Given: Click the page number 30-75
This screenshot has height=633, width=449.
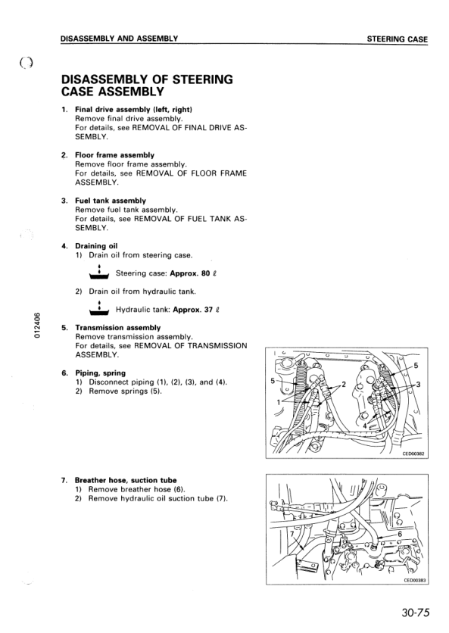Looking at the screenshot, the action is pos(416,613).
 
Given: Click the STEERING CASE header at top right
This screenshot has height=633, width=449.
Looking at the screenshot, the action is pos(398,39).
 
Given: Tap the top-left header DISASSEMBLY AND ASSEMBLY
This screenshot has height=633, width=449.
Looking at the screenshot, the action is pos(119,39).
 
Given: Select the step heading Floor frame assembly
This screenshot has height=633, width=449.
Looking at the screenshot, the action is pos(114,155).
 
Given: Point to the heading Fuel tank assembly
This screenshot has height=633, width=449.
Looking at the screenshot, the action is pos(111,201).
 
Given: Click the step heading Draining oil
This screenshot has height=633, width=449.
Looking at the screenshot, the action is pos(96,246).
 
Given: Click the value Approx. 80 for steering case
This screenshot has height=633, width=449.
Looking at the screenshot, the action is pos(190,273).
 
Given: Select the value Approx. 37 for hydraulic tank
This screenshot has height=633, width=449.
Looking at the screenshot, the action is pos(192,310).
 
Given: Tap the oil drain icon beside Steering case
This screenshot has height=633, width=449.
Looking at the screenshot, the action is pos(99,273).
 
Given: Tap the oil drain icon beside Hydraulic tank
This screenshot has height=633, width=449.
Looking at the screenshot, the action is pos(99,309).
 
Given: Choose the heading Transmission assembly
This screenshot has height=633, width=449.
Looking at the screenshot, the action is pos(118,328).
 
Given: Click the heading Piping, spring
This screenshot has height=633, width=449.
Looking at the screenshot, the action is pos(101,373).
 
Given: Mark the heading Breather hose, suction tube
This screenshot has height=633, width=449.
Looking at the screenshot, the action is pos(126,480).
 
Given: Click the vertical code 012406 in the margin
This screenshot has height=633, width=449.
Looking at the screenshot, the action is pos(37,326).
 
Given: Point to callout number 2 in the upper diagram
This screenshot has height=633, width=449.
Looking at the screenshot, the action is pos(344,384).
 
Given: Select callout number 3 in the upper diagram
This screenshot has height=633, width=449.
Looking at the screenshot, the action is pos(419,385).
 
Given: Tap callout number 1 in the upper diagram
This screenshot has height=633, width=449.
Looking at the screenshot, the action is pos(278,401).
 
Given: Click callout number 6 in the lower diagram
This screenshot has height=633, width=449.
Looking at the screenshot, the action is pos(400,534).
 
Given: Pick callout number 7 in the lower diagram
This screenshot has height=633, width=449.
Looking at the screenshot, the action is pos(292,534).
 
